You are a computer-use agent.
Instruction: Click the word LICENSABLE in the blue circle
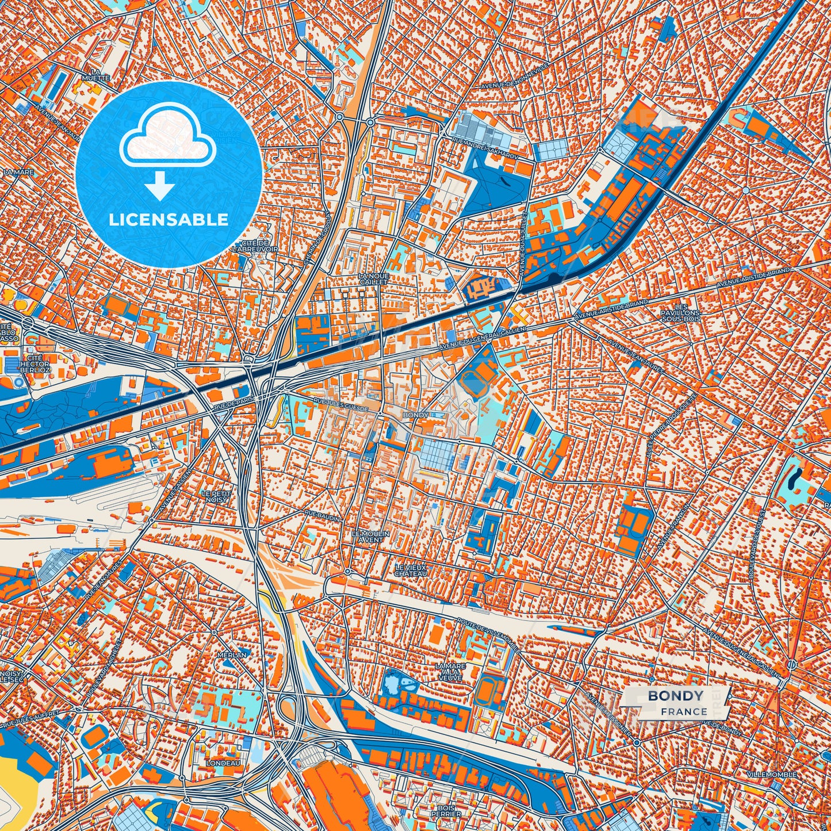(x=169, y=220)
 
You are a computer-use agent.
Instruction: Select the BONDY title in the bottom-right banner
(x=675, y=696)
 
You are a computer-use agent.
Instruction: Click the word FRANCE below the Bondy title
(x=684, y=711)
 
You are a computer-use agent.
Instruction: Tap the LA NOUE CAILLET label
(x=374, y=279)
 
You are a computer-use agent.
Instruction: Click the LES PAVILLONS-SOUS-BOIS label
(x=682, y=312)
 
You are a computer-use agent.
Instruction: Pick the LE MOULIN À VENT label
(x=370, y=537)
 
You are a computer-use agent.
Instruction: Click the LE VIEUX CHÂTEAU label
(x=411, y=570)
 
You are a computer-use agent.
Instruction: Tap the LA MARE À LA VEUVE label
(x=450, y=671)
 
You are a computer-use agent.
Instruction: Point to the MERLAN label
(x=232, y=654)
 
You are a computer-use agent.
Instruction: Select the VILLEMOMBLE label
(x=772, y=775)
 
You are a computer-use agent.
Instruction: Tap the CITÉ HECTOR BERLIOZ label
(x=35, y=363)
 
